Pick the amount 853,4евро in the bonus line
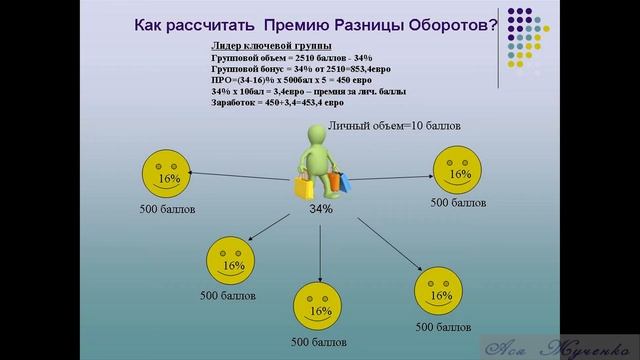click(361, 70)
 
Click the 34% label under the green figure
click(320, 209)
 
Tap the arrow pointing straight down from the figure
click(320, 250)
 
